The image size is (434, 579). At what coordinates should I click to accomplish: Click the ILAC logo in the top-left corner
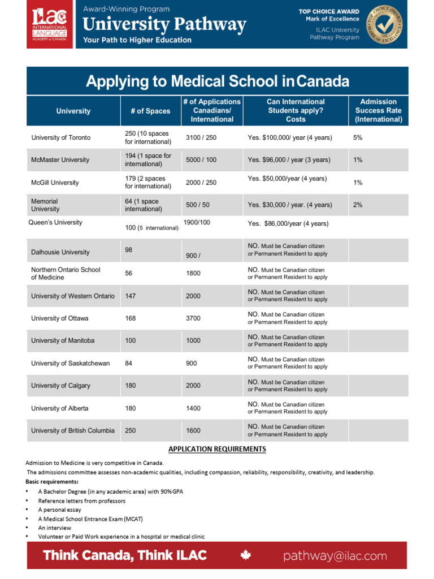[49, 24]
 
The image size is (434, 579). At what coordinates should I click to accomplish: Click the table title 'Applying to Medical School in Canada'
[218, 81]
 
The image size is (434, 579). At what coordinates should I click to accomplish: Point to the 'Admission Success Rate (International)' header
[378, 111]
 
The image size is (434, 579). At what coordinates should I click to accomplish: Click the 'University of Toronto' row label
[61, 137]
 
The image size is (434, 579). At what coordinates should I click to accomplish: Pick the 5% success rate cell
[358, 137]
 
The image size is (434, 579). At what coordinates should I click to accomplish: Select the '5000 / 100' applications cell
[201, 160]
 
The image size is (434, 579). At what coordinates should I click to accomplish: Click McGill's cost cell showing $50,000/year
[287, 179]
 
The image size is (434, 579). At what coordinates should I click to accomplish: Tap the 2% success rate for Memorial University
[358, 205]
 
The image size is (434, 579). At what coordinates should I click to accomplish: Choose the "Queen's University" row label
[55, 222]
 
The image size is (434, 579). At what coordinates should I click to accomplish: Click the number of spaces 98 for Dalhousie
[129, 249]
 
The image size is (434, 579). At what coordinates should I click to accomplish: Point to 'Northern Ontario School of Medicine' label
[66, 274]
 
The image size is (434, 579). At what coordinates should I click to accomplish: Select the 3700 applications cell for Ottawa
[193, 318]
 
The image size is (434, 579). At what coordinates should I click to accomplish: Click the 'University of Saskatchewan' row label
[70, 363]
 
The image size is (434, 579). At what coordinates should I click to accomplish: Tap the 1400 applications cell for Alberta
[193, 408]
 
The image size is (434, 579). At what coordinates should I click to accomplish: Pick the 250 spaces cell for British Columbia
[131, 430]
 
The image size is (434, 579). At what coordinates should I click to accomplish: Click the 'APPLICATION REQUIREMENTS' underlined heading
[217, 449]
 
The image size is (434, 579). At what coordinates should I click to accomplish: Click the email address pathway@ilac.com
[335, 556]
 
